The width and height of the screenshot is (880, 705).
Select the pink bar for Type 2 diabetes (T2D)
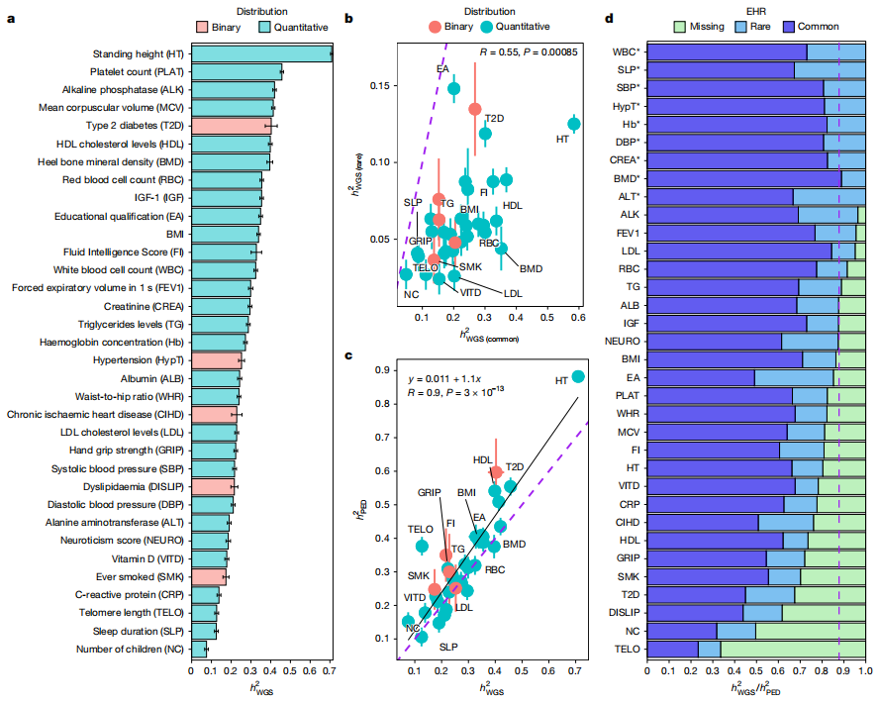pyautogui.click(x=231, y=126)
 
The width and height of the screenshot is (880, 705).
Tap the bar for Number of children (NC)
pyautogui.click(x=198, y=650)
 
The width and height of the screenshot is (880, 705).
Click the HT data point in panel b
pyautogui.click(x=574, y=124)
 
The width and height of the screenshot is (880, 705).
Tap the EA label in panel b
pyautogui.click(x=442, y=68)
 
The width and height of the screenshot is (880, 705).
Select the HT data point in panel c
pyautogui.click(x=578, y=376)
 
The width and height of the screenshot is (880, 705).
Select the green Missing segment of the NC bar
pyautogui.click(x=811, y=630)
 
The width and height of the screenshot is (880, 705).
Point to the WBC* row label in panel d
pyautogui.click(x=626, y=51)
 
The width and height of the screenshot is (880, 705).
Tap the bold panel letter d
pyautogui.click(x=608, y=18)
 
